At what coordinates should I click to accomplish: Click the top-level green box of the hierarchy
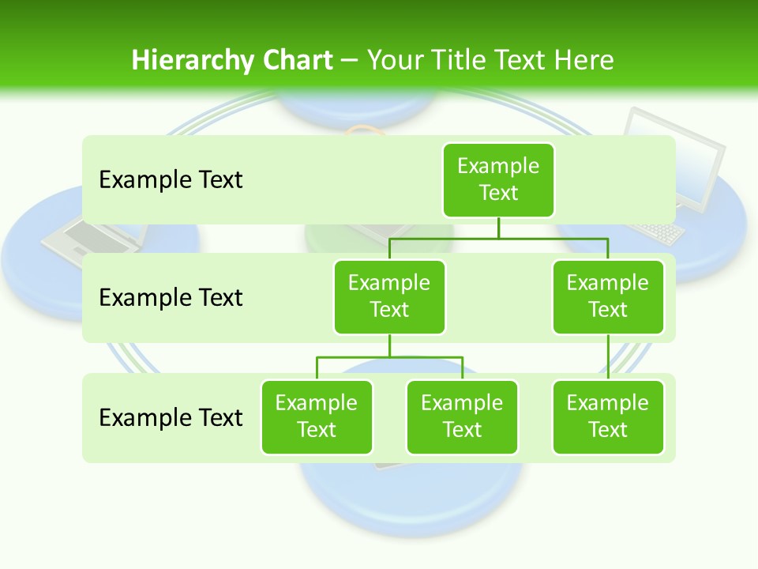tap(498, 179)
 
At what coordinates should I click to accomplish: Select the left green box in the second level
tap(389, 296)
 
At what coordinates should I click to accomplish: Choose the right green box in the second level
tap(608, 296)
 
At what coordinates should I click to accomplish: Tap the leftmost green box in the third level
tap(317, 416)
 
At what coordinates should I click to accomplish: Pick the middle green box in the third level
tap(462, 416)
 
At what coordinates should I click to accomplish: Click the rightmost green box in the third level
tap(608, 416)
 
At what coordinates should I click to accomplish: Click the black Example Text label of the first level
tap(171, 179)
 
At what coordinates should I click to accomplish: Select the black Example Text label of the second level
tap(171, 297)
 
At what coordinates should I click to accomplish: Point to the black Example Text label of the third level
tap(171, 416)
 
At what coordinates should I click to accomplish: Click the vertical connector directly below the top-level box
tap(498, 228)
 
